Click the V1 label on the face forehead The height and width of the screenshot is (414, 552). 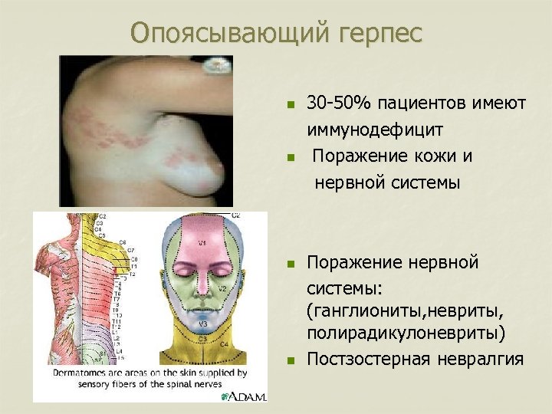tap(202, 243)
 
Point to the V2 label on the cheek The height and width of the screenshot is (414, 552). tap(221, 289)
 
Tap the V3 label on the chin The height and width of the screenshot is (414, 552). tap(203, 324)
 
